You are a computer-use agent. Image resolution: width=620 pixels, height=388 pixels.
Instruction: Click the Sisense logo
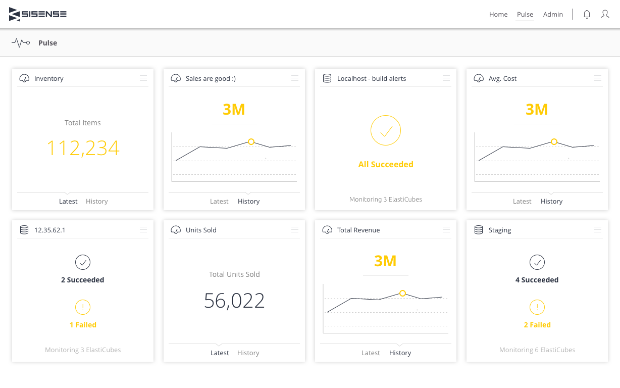click(x=38, y=15)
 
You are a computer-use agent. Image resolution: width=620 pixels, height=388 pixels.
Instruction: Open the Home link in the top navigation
click(x=498, y=15)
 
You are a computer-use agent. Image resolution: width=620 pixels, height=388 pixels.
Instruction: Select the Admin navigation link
click(x=553, y=15)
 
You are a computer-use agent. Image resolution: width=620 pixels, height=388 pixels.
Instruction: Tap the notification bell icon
click(x=587, y=15)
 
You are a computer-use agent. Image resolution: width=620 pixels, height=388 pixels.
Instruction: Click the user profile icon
click(x=605, y=14)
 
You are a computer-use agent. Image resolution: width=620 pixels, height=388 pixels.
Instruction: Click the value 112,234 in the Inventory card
click(x=83, y=148)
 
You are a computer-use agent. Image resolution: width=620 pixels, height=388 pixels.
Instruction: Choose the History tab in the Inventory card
click(x=97, y=201)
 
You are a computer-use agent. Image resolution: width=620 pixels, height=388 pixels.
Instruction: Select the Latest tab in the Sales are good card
click(x=219, y=201)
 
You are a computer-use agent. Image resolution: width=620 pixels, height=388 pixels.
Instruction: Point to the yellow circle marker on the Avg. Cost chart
click(x=554, y=142)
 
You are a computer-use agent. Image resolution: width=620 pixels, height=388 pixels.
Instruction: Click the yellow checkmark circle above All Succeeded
click(x=386, y=130)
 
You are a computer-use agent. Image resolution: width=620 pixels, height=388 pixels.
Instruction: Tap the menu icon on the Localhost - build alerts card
click(x=446, y=78)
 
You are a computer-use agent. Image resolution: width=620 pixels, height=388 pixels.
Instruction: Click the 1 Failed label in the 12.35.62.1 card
click(x=83, y=325)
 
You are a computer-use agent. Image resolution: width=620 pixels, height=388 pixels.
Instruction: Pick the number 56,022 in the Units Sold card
click(x=234, y=301)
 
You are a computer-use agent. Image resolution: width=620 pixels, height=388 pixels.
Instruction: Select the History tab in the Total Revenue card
click(x=400, y=353)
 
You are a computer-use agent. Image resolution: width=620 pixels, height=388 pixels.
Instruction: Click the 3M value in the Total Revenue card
click(x=385, y=261)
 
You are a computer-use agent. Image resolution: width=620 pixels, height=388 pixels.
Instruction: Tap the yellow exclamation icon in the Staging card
click(x=537, y=307)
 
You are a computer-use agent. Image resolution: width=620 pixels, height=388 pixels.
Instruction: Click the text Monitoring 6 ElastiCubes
click(x=537, y=350)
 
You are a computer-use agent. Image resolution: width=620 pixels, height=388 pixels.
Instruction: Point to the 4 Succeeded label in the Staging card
click(x=537, y=280)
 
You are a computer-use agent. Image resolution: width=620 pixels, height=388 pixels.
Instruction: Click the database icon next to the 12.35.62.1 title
click(x=24, y=230)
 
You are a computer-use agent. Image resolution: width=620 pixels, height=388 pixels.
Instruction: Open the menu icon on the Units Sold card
click(x=295, y=230)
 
